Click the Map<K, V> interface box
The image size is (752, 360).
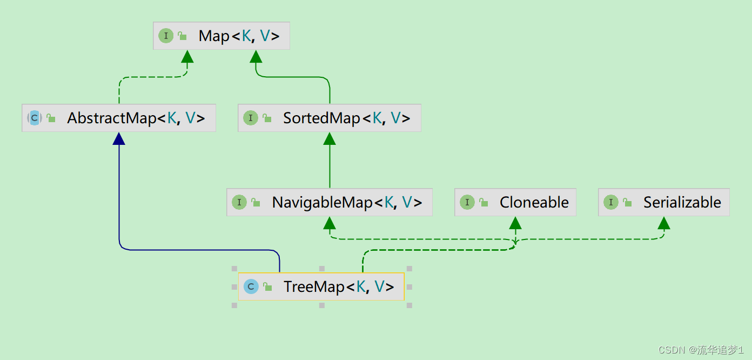click(221, 36)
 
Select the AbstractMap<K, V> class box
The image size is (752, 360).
click(119, 118)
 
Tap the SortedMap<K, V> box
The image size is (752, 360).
click(330, 118)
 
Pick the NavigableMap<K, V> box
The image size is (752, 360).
click(330, 203)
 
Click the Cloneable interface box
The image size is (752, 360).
click(515, 203)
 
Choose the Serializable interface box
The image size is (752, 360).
click(664, 203)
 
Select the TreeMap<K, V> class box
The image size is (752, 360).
click(321, 286)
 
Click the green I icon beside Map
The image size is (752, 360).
click(165, 36)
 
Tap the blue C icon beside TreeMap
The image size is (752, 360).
click(251, 286)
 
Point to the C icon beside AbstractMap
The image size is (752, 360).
click(35, 118)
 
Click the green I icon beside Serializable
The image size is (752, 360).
click(610, 203)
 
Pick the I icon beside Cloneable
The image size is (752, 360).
click(467, 203)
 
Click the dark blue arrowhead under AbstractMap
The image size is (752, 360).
click(119, 139)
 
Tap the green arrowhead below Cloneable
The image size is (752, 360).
click(515, 223)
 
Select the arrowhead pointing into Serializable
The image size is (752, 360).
click(664, 223)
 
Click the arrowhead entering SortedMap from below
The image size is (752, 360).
click(330, 139)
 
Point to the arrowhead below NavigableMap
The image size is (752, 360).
click(330, 223)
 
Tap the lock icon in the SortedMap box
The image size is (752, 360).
click(266, 118)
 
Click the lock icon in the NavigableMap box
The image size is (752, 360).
click(256, 203)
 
